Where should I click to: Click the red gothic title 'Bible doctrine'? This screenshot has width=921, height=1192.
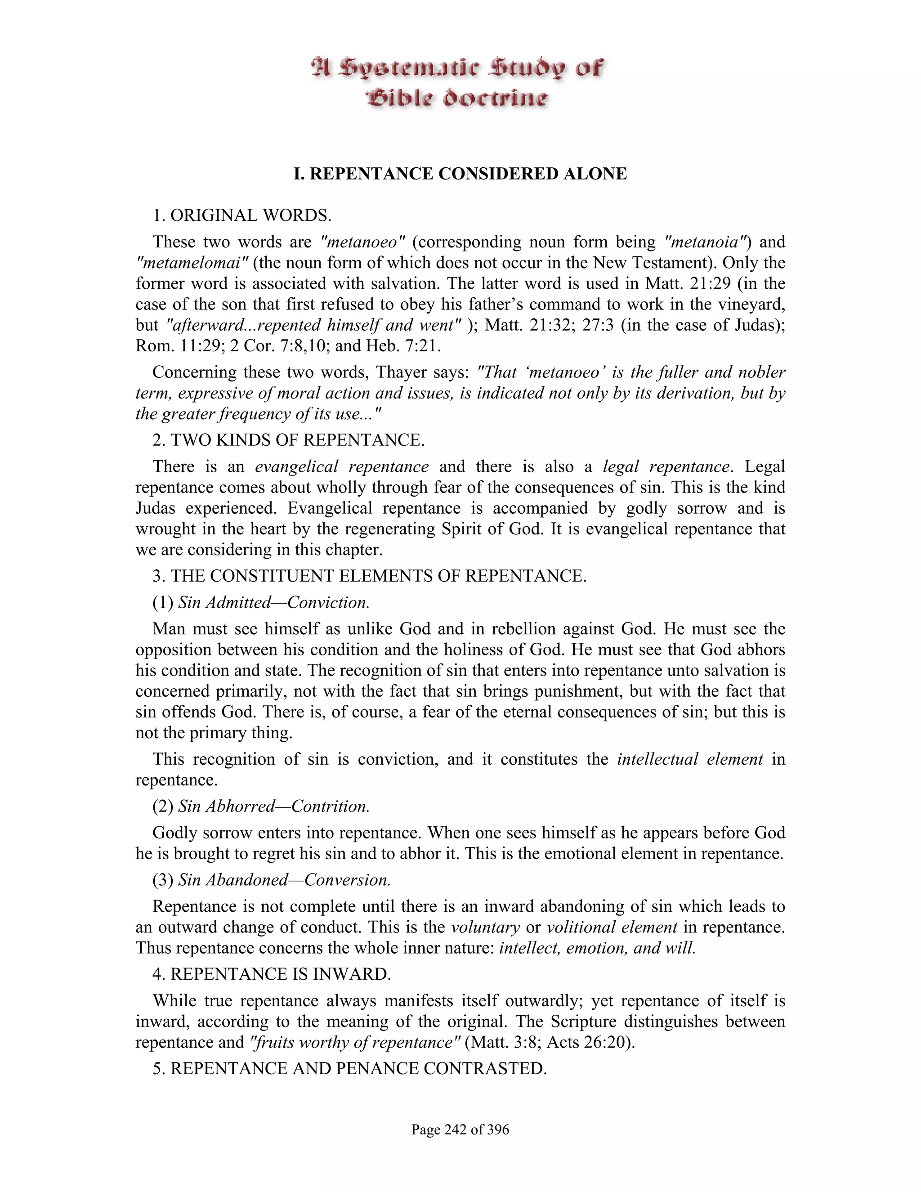tap(456, 99)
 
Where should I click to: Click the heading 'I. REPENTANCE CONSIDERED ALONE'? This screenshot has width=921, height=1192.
tap(460, 174)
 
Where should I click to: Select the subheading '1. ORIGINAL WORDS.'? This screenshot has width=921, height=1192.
tap(241, 215)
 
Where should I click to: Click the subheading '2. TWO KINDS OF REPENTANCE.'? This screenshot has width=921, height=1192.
tap(288, 440)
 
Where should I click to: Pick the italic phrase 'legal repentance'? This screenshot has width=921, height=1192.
tap(666, 466)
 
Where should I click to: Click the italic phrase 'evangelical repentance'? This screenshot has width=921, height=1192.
tap(342, 466)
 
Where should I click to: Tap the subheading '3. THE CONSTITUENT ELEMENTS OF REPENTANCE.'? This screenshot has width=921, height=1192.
tap(369, 576)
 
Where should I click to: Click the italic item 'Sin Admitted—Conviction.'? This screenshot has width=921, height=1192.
tap(274, 603)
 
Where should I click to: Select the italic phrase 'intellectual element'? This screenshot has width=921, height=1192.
tap(690, 759)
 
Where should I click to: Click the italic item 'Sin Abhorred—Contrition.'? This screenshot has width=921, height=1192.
tap(274, 806)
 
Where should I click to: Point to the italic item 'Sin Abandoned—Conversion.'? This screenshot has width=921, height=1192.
tap(284, 880)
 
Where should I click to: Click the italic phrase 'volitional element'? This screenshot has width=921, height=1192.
tap(612, 927)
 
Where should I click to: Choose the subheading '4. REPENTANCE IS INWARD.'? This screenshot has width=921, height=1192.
tap(272, 974)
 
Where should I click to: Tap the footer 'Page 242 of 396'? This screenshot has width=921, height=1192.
tap(460, 1129)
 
